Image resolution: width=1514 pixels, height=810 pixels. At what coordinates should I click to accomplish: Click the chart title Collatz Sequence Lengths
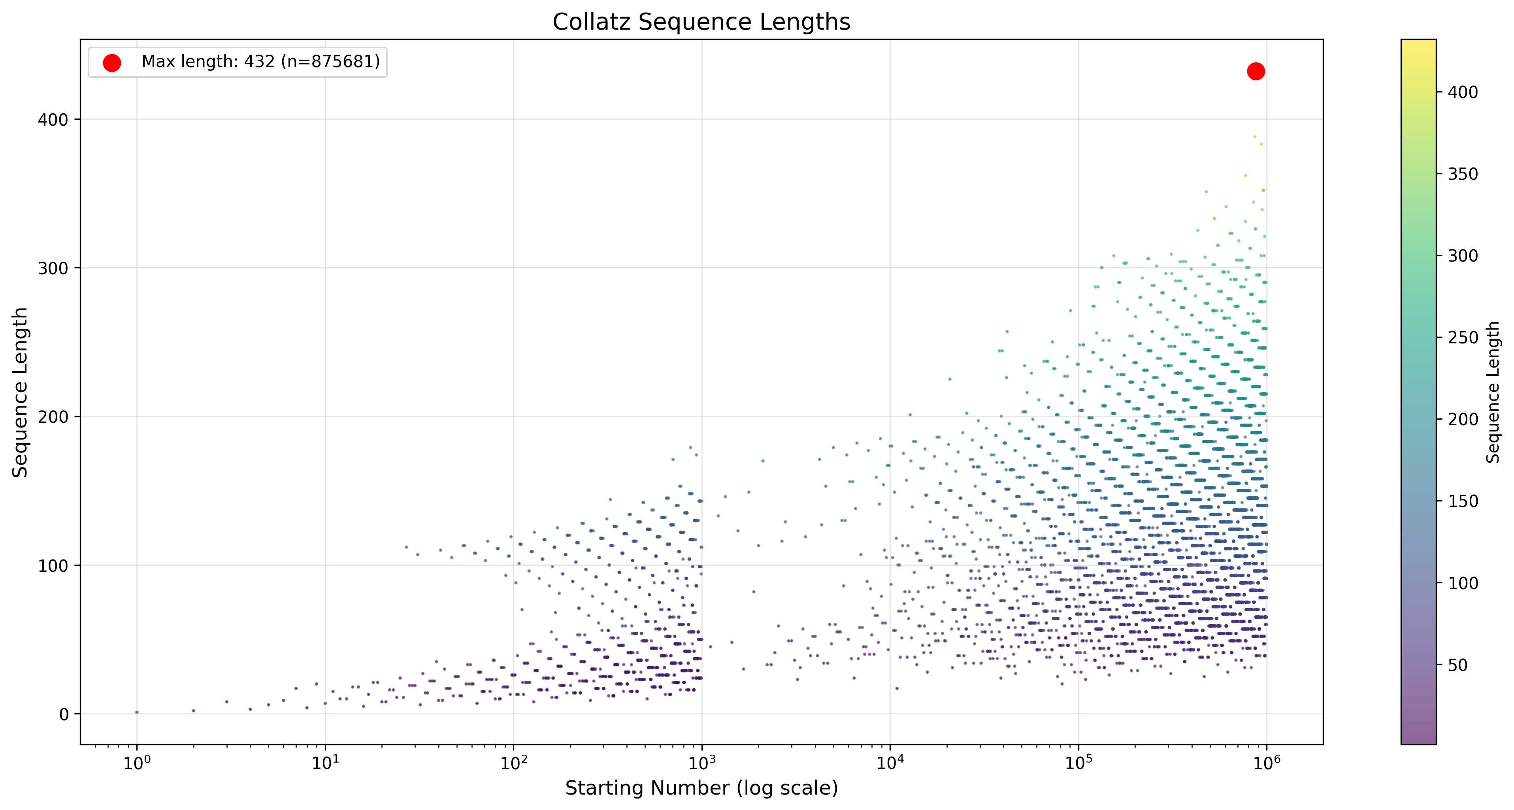point(701,23)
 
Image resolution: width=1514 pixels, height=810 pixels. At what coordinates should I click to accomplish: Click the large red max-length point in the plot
point(1256,71)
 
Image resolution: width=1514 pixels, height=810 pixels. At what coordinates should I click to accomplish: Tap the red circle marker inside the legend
point(112,63)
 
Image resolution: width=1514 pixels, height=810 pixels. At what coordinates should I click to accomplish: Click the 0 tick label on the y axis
point(64,715)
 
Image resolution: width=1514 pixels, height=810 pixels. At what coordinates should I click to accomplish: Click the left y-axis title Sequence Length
point(21,392)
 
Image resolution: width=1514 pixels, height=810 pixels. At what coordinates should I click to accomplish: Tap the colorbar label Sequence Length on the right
point(1493,392)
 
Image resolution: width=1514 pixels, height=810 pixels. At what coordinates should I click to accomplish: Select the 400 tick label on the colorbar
point(1462,92)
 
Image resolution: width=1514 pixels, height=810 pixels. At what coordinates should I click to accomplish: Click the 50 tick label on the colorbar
point(1457,665)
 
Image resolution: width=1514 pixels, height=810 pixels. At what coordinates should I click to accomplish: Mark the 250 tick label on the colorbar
point(1462,338)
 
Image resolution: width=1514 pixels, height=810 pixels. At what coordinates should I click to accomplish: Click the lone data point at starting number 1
point(137,712)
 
